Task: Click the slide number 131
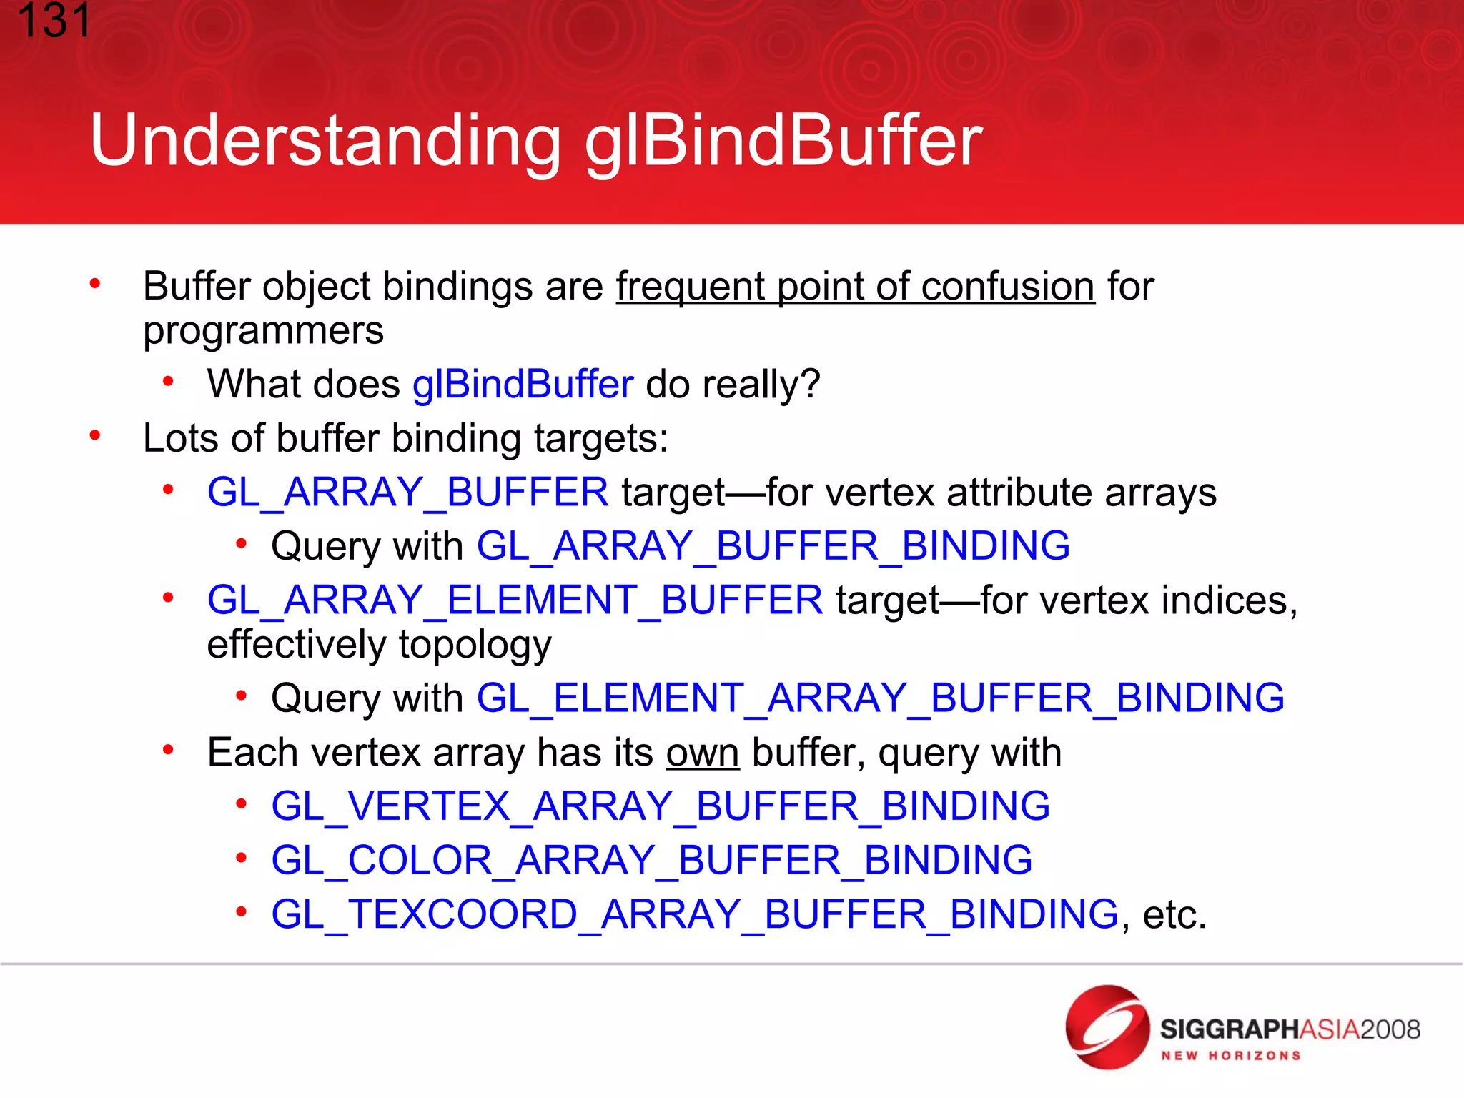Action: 54,21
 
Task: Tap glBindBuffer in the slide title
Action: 783,141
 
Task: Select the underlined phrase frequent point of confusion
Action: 855,287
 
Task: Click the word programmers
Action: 263,331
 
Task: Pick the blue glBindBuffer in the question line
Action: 523,385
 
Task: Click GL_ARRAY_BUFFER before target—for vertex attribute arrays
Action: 407,493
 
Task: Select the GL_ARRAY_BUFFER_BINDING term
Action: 773,546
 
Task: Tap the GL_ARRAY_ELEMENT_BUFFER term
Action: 515,600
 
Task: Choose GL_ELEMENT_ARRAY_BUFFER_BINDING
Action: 880,698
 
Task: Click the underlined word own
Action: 702,753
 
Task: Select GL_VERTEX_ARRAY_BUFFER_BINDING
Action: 661,806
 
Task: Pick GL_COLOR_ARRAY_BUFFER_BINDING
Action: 651,860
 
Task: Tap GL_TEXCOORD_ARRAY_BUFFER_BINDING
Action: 694,914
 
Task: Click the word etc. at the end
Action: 1174,915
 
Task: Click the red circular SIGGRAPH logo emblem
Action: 1107,1027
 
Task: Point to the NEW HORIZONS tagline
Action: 1230,1056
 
